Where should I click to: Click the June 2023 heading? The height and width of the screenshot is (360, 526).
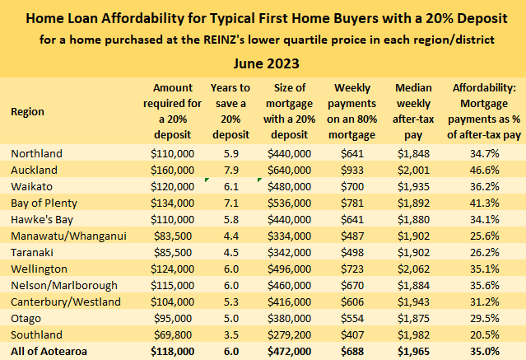(263, 63)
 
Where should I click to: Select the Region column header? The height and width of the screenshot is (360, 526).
(29, 111)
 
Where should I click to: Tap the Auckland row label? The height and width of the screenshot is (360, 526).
(35, 169)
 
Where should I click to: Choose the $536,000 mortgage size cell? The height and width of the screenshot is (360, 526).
(289, 202)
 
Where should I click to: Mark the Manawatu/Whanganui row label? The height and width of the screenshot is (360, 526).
(67, 235)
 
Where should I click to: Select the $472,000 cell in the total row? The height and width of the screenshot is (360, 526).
(289, 350)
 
